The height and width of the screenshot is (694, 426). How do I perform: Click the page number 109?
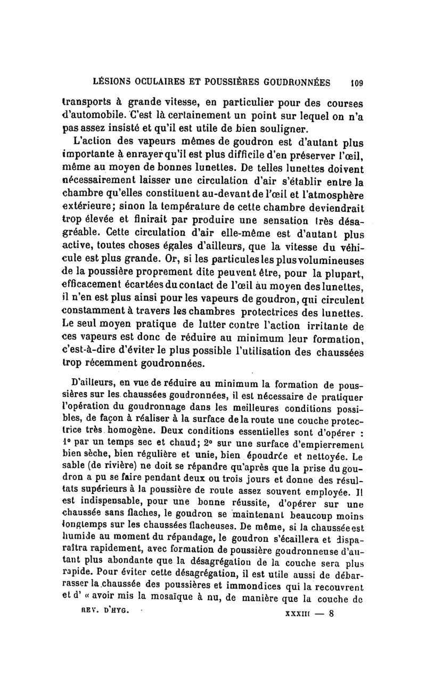(x=356, y=82)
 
